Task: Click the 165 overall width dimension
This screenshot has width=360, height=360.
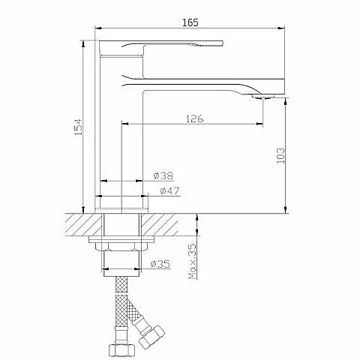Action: coord(190,22)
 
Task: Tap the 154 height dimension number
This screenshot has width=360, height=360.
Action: coord(79,127)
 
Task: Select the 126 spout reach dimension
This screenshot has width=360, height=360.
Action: coord(195,118)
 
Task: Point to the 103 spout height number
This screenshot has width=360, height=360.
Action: coord(280,155)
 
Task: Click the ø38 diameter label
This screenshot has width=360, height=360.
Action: coord(163,175)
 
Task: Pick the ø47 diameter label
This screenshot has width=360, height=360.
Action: coord(169,190)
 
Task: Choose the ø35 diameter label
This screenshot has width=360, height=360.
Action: coord(160,264)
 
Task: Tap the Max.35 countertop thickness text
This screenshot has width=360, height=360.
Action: coord(193,261)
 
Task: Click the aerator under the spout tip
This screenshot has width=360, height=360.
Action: coord(262,97)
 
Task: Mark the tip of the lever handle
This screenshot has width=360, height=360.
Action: coord(223,43)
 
